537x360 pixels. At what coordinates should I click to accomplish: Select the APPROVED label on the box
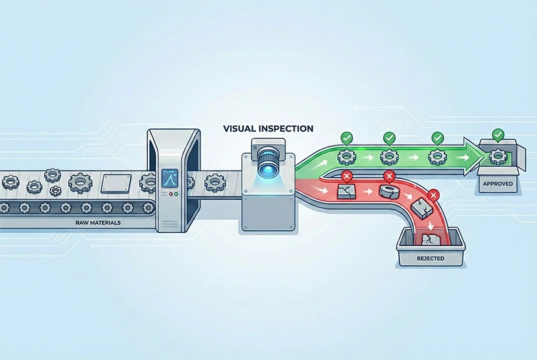[498, 184]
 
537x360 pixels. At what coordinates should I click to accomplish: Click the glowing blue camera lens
[266, 167]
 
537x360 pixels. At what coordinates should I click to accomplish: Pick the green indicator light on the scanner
[174, 194]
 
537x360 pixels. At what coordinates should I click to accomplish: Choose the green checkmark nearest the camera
[346, 138]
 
